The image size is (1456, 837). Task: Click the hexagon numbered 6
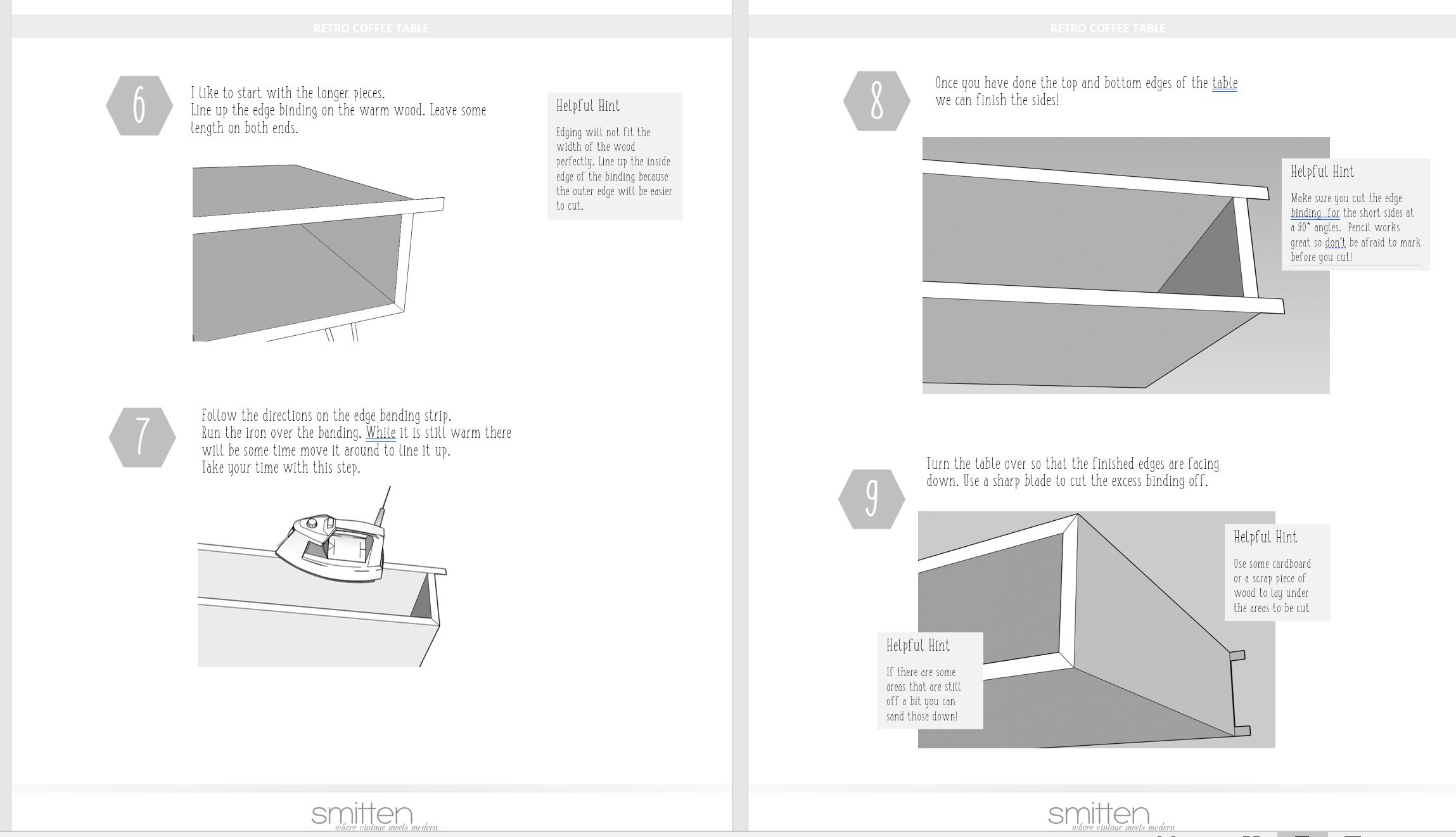tap(139, 105)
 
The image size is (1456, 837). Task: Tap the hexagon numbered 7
tap(142, 437)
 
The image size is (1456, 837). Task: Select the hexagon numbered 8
tap(877, 101)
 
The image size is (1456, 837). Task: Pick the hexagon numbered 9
tap(872, 499)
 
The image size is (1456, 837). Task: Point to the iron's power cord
tap(383, 506)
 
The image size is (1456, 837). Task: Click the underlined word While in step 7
tap(381, 433)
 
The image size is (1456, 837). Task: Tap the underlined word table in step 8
tap(1225, 83)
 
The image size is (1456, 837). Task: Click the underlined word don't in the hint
tap(1335, 243)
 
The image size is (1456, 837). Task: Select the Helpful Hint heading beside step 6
tap(588, 106)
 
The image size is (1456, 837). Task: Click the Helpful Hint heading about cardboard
tap(1265, 537)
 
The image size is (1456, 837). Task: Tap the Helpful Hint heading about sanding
tap(918, 646)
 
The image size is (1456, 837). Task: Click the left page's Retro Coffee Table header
tap(371, 29)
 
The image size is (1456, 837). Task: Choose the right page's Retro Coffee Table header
tap(1108, 29)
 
